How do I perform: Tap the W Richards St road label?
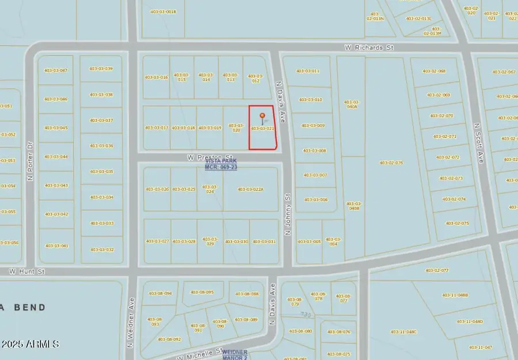pos(368,48)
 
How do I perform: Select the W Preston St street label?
pos(210,156)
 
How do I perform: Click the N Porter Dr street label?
pos(30,162)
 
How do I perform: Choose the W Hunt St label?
pos(26,270)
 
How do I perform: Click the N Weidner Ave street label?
pos(131,323)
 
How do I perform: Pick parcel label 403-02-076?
pos(391,163)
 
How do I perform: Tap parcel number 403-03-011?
pos(307,71)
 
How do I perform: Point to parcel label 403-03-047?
pos(55,70)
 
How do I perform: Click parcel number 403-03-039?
pos(101,68)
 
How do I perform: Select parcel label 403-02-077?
pos(436,270)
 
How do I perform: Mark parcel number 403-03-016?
pos(156,77)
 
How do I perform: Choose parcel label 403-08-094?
pos(160,293)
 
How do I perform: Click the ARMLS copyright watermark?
pos(30,344)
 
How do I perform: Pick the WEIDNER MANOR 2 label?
pos(235,354)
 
